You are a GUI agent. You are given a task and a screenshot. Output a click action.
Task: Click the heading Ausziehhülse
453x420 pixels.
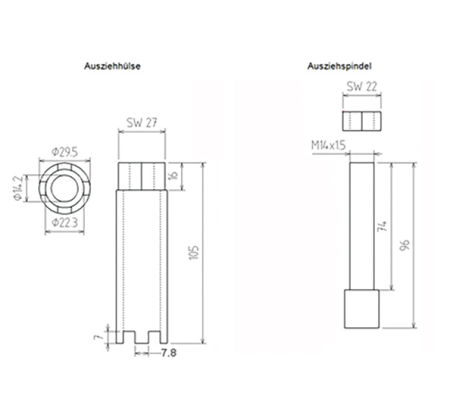click(x=113, y=66)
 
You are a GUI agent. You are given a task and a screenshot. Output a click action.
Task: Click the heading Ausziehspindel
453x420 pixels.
click(x=340, y=66)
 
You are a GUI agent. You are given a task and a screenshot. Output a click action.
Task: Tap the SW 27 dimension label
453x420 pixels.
click(x=142, y=123)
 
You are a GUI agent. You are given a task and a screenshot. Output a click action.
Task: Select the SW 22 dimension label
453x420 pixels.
click(x=362, y=87)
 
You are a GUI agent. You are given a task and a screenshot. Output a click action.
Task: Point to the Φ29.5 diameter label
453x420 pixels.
click(x=65, y=152)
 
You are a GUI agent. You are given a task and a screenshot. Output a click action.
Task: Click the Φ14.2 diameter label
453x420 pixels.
click(x=18, y=188)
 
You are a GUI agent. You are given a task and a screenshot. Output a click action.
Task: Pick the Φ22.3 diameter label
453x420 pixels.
click(x=65, y=223)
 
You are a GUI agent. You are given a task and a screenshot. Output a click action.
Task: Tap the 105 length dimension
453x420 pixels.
click(x=194, y=253)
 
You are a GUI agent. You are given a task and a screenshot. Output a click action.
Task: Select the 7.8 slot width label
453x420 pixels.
click(x=169, y=353)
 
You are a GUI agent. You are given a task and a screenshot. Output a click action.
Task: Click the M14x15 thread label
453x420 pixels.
click(x=328, y=145)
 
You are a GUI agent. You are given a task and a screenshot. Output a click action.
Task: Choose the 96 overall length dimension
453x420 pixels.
click(x=405, y=245)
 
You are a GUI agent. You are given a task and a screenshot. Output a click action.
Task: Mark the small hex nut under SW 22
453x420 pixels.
click(x=362, y=121)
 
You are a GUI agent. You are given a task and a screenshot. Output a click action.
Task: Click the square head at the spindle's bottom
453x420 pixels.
click(x=362, y=309)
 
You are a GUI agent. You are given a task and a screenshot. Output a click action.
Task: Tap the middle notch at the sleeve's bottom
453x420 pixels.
click(x=142, y=337)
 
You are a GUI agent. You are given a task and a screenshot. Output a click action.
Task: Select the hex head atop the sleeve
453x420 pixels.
click(x=142, y=176)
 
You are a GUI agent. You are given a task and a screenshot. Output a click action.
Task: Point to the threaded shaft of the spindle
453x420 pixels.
click(x=362, y=226)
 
